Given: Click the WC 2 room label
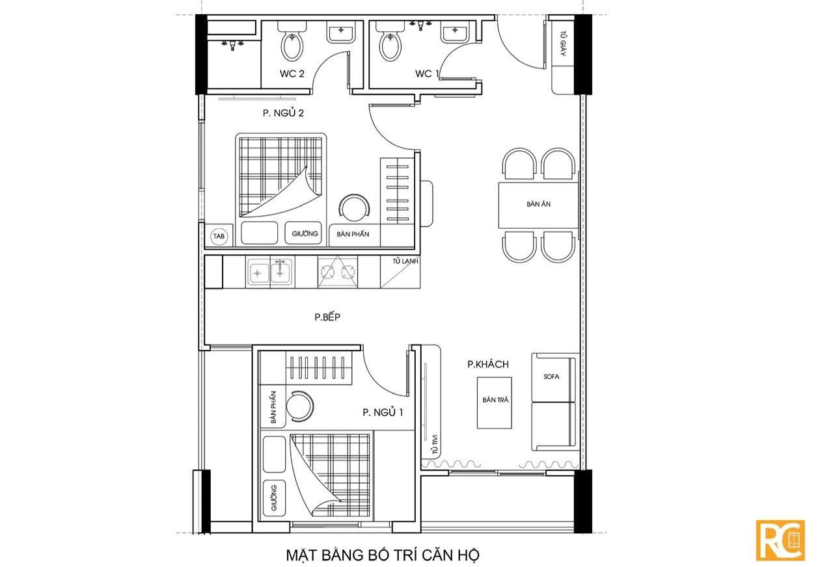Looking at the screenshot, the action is [292, 73].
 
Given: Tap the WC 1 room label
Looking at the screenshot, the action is [427, 73].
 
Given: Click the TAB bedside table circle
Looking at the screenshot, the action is [219, 236].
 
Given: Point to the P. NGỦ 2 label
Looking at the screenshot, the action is [283, 112].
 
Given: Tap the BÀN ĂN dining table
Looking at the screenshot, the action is [538, 205].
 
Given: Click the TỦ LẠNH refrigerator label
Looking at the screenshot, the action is [405, 261].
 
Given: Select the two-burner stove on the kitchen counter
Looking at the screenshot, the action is [338, 272].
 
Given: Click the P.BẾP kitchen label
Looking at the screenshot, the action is [327, 317].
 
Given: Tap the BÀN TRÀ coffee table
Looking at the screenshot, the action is [495, 402].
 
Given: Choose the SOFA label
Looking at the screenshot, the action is [551, 376].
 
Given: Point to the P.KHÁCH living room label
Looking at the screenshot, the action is [488, 364].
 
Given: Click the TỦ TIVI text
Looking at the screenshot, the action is [435, 444].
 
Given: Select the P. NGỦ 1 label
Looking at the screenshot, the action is [383, 412].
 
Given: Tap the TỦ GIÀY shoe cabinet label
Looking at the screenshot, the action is [563, 44].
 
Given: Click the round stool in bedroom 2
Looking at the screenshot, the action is [355, 210].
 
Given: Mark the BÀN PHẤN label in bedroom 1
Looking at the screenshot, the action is [274, 407].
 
